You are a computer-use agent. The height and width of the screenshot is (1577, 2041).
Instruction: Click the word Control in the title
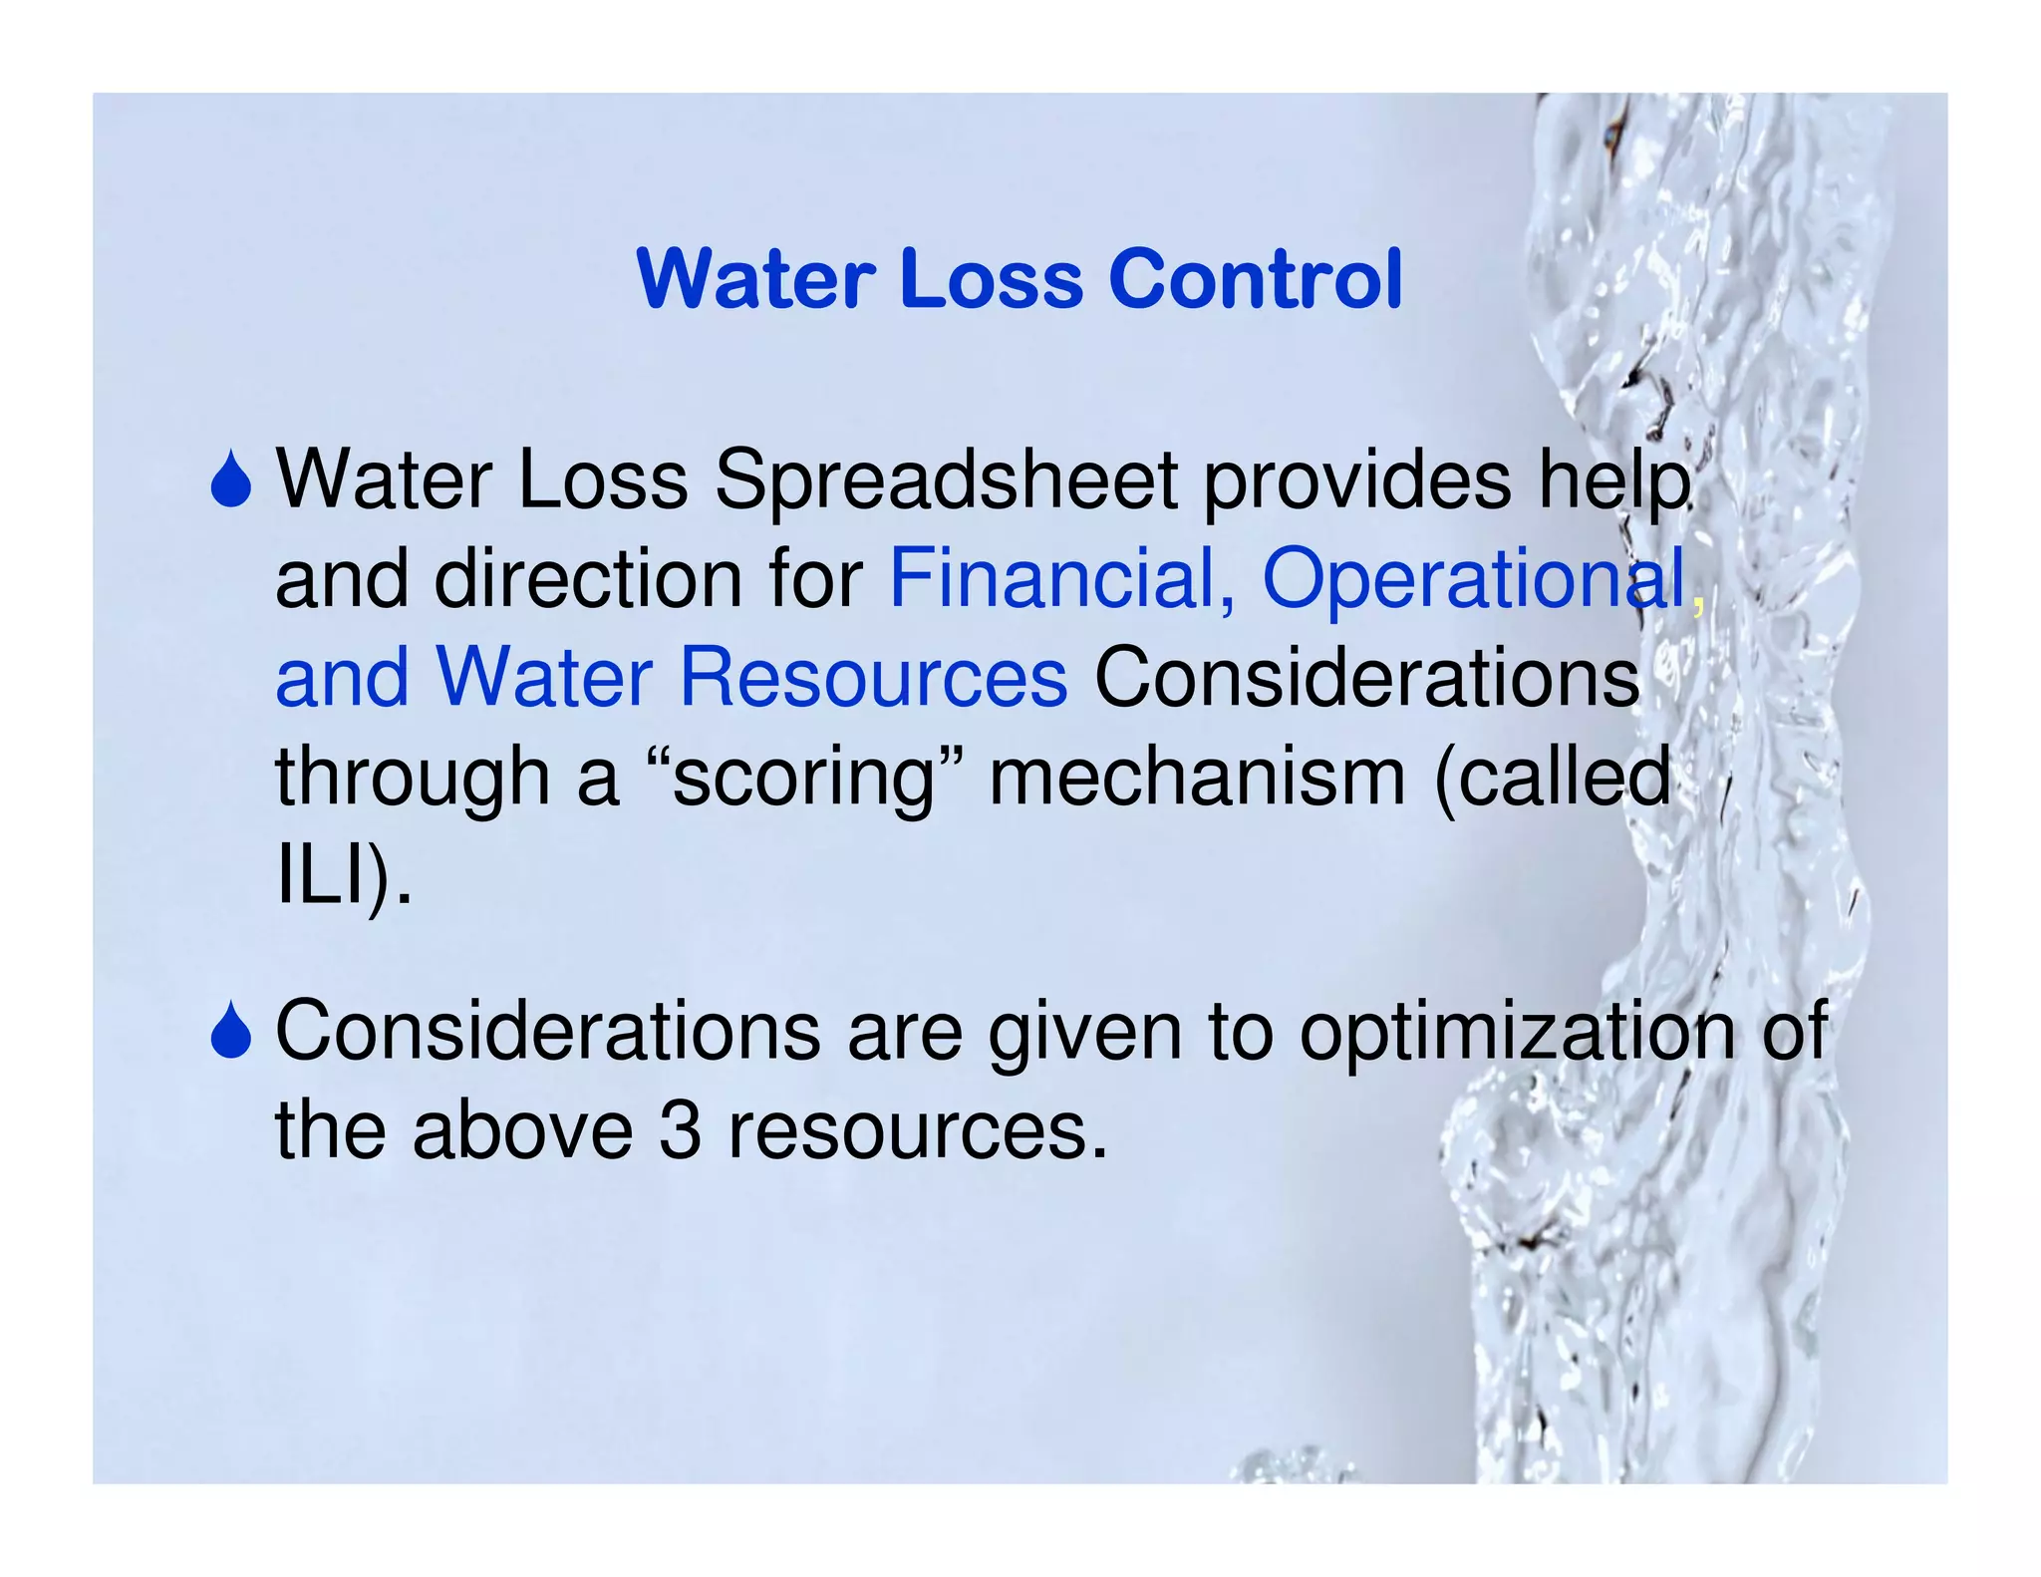1255,279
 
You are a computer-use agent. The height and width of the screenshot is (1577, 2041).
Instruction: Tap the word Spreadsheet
947,480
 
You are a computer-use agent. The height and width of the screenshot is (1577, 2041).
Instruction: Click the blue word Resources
873,678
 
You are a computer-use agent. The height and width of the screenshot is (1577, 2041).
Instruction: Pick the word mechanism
1196,777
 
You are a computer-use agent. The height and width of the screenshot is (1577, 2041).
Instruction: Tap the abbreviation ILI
316,874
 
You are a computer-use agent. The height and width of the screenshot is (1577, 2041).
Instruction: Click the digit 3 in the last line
680,1131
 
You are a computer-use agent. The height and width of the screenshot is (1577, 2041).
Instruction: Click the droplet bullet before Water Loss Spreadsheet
231,480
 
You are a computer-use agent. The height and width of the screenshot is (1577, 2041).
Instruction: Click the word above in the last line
522,1131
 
